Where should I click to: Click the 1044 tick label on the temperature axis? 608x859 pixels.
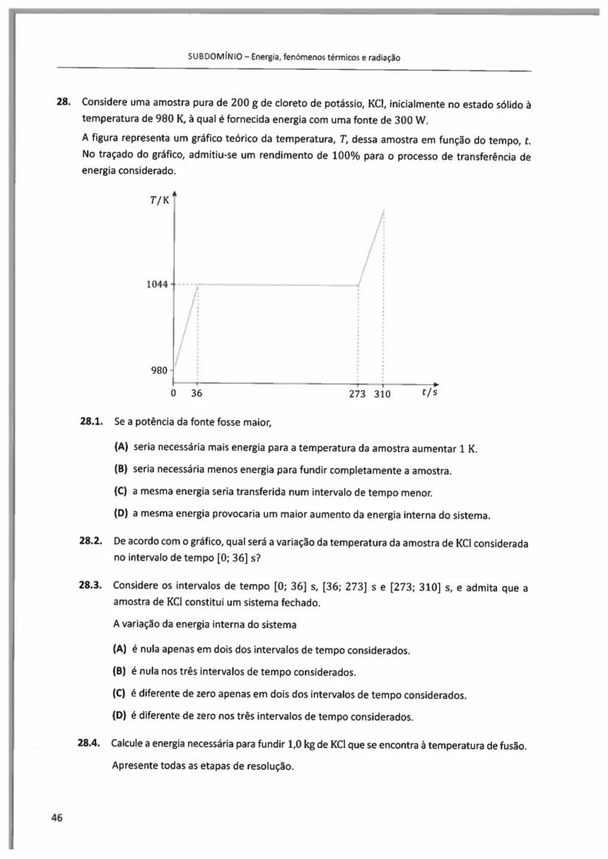(158, 284)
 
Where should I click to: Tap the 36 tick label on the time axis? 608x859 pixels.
(196, 393)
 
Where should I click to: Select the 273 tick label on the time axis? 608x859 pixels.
(358, 393)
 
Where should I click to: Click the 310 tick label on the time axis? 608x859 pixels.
(382, 393)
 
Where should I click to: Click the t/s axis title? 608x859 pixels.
(430, 392)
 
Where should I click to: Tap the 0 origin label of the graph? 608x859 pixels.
(173, 393)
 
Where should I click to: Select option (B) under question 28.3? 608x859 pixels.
(120, 672)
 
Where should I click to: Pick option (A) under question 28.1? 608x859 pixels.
(121, 448)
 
